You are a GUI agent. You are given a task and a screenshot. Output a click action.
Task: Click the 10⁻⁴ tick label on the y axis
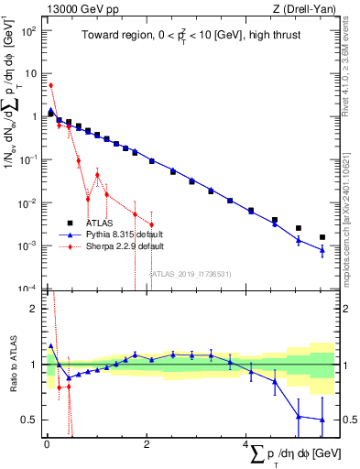[x=27, y=289]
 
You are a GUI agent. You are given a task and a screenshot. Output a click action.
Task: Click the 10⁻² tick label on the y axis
[x=27, y=202]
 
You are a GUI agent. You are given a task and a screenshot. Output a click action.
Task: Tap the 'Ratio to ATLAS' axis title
[x=11, y=364]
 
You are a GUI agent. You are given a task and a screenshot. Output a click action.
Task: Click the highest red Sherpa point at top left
[x=50, y=85]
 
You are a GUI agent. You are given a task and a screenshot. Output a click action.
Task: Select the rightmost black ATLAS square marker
[x=322, y=237]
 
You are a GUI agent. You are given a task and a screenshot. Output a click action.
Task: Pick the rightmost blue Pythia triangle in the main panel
[x=322, y=249]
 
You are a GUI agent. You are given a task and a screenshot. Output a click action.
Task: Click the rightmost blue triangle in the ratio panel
[x=322, y=420]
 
